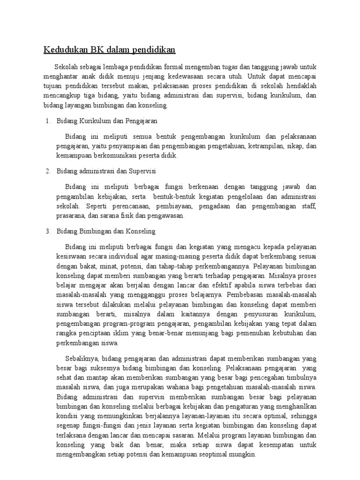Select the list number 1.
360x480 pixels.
[48, 121]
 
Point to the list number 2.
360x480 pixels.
[48, 171]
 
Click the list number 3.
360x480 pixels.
[48, 232]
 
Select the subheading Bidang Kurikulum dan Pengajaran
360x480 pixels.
[107, 121]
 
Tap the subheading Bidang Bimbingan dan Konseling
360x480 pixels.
[106, 232]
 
